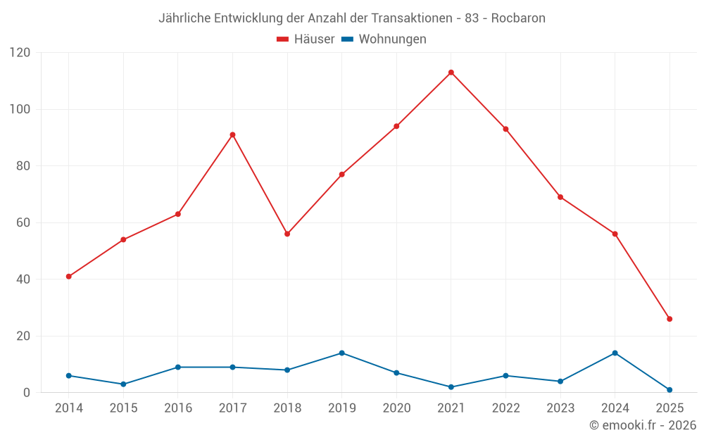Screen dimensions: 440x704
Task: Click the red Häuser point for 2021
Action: coord(451,73)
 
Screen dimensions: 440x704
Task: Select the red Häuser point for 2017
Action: coord(232,134)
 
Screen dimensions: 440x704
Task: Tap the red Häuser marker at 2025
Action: coord(670,319)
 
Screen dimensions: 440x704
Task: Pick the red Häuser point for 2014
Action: coord(68,277)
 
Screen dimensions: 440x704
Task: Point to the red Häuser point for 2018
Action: coord(287,234)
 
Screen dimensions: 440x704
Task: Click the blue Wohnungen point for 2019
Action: coord(341,353)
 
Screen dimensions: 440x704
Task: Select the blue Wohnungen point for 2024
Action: coord(615,353)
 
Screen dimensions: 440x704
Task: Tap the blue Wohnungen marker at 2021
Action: coord(451,387)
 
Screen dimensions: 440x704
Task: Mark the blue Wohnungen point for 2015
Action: coord(123,384)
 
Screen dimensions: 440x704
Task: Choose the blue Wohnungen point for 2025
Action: coord(670,390)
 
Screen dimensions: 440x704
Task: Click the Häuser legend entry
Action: coord(306,39)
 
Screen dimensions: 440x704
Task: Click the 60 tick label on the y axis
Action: coord(23,222)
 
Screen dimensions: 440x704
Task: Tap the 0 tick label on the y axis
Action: coord(27,393)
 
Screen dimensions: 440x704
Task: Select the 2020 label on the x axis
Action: coord(396,408)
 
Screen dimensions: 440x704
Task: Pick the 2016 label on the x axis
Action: coord(177,408)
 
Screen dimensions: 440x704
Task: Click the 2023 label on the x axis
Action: coord(560,408)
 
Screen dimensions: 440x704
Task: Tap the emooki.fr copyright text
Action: coord(642,425)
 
